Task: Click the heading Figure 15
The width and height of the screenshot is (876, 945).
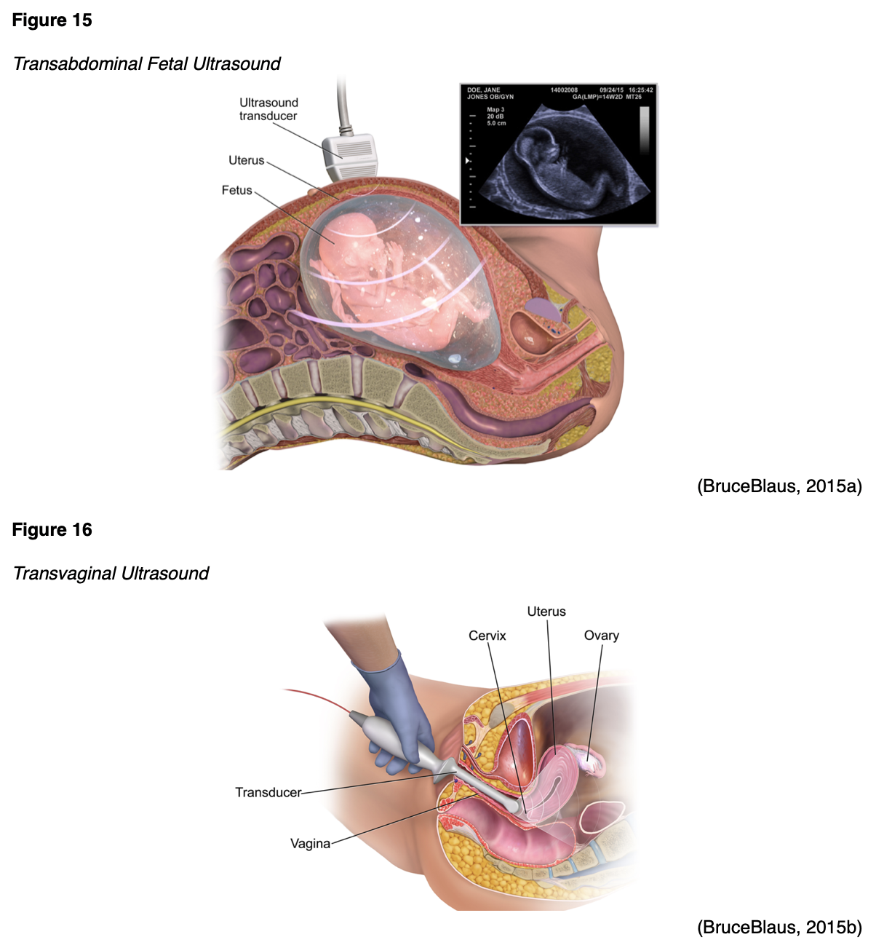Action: pos(52,20)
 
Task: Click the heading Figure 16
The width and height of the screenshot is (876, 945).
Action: pos(52,530)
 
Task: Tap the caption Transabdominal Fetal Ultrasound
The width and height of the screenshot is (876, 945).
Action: pos(146,64)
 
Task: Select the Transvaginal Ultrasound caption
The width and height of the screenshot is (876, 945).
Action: pos(111,574)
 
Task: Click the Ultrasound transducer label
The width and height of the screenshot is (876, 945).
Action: pos(268,109)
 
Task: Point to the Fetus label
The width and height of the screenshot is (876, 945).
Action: pos(236,191)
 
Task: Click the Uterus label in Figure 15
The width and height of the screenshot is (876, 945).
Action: pos(246,161)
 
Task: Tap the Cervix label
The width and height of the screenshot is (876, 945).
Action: pos(487,636)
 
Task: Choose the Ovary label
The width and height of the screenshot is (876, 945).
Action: pos(601,636)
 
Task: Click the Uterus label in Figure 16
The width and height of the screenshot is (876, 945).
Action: pos(546,612)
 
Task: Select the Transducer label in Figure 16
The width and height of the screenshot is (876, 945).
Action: pos(268,792)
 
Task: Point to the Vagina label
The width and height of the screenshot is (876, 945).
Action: pos(310,844)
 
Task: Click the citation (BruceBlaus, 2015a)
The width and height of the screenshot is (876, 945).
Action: pos(779,486)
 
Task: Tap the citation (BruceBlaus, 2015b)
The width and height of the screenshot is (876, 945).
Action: pos(779,928)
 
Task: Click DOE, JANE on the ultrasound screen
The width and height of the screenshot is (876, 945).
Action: pos(483,90)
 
